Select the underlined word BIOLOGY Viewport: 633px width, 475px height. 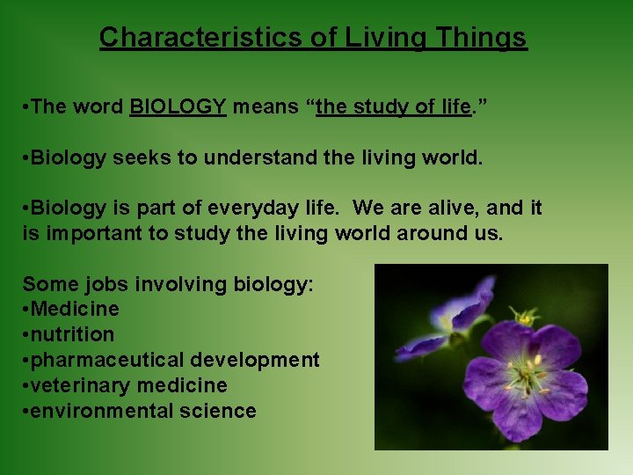pos(178,108)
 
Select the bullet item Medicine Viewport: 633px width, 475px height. pos(75,309)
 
